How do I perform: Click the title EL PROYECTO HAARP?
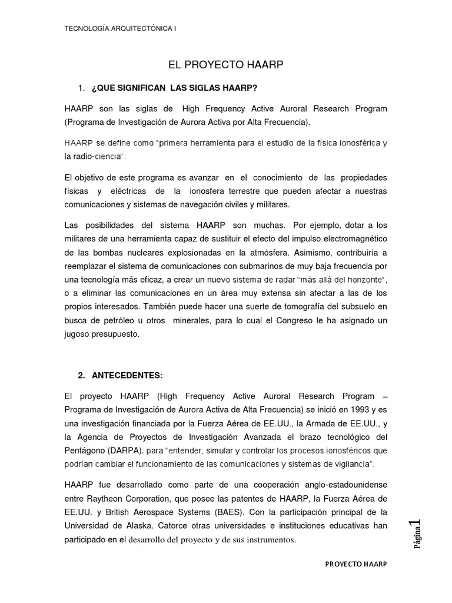click(x=226, y=64)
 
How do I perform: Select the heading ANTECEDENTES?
click(x=127, y=375)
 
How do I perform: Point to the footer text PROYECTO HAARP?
click(x=356, y=564)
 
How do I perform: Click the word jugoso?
click(x=78, y=334)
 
